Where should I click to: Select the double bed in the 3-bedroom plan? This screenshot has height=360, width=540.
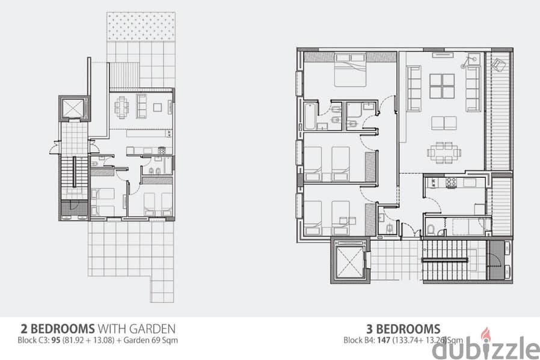350,70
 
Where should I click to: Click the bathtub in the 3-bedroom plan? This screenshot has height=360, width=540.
310,116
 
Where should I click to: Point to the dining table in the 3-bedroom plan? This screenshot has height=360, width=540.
444,152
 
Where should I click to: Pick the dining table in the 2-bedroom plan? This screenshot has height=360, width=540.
121,107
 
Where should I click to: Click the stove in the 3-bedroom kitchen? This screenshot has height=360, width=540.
451,182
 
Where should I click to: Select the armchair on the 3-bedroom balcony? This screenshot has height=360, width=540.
498,64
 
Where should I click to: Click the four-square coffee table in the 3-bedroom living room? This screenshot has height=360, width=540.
442,86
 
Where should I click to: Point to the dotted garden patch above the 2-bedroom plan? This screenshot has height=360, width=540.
141,26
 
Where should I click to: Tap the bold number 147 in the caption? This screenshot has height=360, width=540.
383,340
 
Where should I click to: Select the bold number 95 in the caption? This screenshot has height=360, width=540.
56,340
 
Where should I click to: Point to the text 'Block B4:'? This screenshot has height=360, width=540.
359,340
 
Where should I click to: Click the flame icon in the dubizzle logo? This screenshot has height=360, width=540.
485,334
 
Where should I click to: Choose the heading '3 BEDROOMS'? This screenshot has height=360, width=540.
403,329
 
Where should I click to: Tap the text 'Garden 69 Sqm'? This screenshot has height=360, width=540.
150,340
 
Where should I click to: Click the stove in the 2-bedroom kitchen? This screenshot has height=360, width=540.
162,150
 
